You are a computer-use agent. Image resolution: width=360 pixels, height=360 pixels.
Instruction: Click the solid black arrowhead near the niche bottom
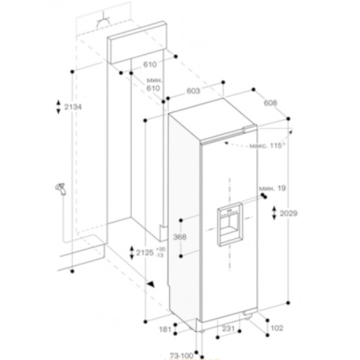pos(152,284)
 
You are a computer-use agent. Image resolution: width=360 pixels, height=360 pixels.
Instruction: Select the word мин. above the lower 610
pos(152,79)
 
